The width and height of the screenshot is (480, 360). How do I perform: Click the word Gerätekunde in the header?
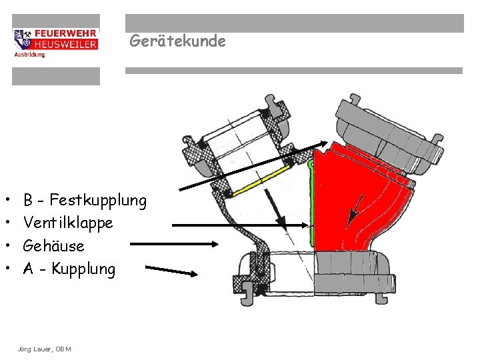pos(177,41)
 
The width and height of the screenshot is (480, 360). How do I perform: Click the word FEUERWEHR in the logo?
pos(65,33)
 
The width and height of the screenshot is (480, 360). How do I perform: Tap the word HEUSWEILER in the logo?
pos(65,44)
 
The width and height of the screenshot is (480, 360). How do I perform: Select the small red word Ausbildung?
pos(30,55)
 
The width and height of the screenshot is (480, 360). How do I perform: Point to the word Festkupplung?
pos(98,200)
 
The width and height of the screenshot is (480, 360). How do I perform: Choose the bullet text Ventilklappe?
pos(68,223)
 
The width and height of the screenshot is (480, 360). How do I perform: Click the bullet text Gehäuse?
pos(53,246)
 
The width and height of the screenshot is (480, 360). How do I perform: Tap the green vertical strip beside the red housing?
pos(312,200)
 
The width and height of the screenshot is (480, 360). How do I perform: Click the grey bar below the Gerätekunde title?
pos(294,71)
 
